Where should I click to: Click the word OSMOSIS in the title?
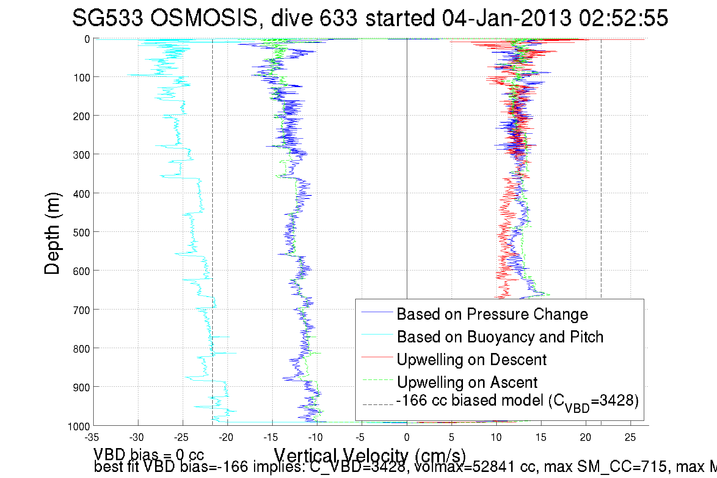(x=204, y=18)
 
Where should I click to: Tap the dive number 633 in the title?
(x=338, y=18)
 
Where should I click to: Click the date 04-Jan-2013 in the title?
(x=507, y=18)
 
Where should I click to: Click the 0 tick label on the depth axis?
(x=87, y=39)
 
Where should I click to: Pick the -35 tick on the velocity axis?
(x=92, y=437)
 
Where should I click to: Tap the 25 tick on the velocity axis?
(x=630, y=437)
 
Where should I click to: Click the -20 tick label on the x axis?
(x=226, y=437)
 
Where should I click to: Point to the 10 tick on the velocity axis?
(x=496, y=437)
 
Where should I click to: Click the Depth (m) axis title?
(x=52, y=234)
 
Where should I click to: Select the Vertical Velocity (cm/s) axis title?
(x=370, y=455)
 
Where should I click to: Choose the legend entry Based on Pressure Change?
(x=492, y=314)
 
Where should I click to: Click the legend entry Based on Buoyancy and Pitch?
(x=500, y=337)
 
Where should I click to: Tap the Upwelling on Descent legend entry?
(x=472, y=360)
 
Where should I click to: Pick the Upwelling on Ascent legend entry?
(x=467, y=383)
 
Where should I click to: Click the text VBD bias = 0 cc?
(x=149, y=455)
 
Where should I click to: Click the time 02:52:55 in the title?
(x=623, y=18)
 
